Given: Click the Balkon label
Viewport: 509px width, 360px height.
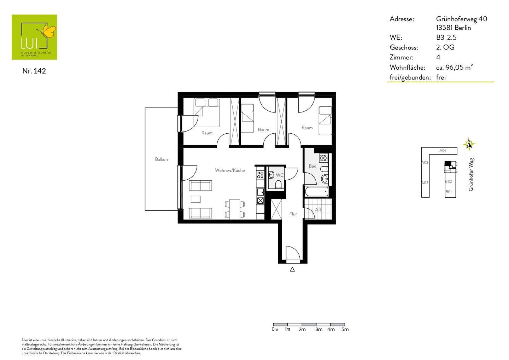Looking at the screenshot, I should coord(161,159).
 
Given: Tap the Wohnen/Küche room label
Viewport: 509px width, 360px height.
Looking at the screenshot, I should coord(230,170).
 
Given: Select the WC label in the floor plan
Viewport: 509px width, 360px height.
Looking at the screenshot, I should coord(280,175).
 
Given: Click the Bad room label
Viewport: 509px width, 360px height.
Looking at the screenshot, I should coord(312,166).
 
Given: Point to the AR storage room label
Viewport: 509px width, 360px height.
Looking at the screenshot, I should coord(318,210).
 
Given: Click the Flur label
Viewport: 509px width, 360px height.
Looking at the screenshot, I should coord(293,214).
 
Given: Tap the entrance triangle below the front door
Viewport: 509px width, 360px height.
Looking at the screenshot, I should coord(292,269).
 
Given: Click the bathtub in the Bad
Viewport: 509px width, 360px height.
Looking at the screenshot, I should coord(317,192).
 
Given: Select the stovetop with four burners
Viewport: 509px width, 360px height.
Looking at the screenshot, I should coord(261,175).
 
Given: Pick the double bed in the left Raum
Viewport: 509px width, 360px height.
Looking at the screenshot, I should coord(206,112).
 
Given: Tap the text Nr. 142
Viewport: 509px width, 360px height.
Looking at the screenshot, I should coord(34,71).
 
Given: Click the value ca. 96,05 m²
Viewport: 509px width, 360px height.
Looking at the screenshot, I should coord(455,67).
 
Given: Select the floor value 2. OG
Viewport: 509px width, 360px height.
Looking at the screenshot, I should coord(445,47).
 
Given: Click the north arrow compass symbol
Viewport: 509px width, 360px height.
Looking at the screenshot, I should coord(469,144).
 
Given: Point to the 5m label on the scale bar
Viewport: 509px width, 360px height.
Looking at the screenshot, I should coord(345,330).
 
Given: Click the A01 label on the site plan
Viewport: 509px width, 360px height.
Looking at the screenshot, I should coord(443,151).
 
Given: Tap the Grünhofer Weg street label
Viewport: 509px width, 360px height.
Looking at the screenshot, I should coord(471,175).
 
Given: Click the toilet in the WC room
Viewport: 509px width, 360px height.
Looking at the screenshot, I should coord(278,184).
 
